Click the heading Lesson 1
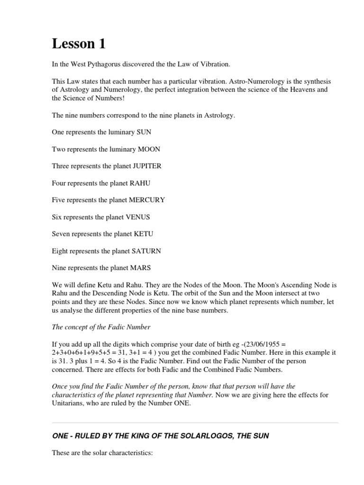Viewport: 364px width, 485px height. (79, 44)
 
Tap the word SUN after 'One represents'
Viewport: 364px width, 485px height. (144, 132)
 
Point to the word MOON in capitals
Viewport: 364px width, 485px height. (149, 149)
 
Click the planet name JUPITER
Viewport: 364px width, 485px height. (147, 166)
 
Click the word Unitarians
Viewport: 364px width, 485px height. (70, 404)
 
